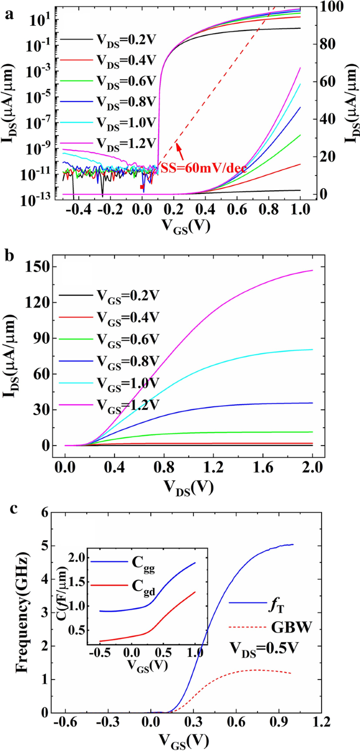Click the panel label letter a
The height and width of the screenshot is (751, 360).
8,15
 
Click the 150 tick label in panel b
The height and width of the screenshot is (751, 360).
36,266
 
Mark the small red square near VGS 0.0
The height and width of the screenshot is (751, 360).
141,187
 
